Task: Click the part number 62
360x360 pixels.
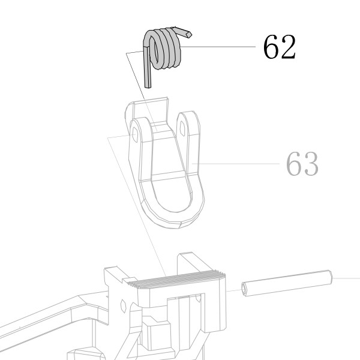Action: pyautogui.click(x=280, y=47)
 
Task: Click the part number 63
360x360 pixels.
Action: pyautogui.click(x=302, y=163)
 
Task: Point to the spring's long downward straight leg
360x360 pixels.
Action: pyautogui.click(x=147, y=67)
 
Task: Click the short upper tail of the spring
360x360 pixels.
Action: pyautogui.click(x=183, y=32)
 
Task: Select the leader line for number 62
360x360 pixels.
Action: pyautogui.click(x=218, y=47)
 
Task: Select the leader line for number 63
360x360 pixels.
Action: pyautogui.click(x=235, y=163)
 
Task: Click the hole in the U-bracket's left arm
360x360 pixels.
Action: pyautogui.click(x=135, y=134)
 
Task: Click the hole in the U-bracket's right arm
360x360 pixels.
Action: pyautogui.click(x=182, y=128)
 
